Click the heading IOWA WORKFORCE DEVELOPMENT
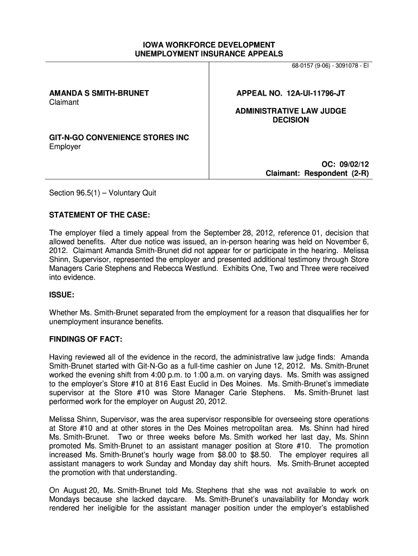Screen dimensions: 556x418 209,45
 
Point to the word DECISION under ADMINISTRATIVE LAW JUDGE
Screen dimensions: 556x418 290,120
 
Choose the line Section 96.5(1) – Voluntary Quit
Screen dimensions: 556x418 103,193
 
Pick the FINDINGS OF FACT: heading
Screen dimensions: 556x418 86,339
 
